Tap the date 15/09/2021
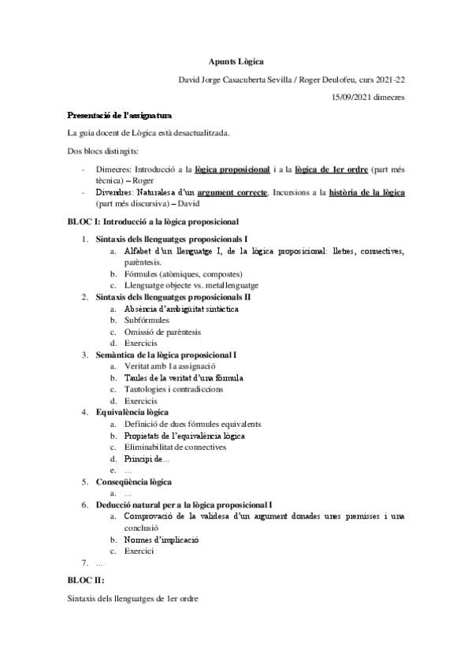353,98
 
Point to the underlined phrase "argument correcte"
231,191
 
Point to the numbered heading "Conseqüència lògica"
134,481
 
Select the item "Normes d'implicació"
162,540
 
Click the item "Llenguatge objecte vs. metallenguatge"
191,285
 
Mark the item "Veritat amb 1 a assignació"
170,366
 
